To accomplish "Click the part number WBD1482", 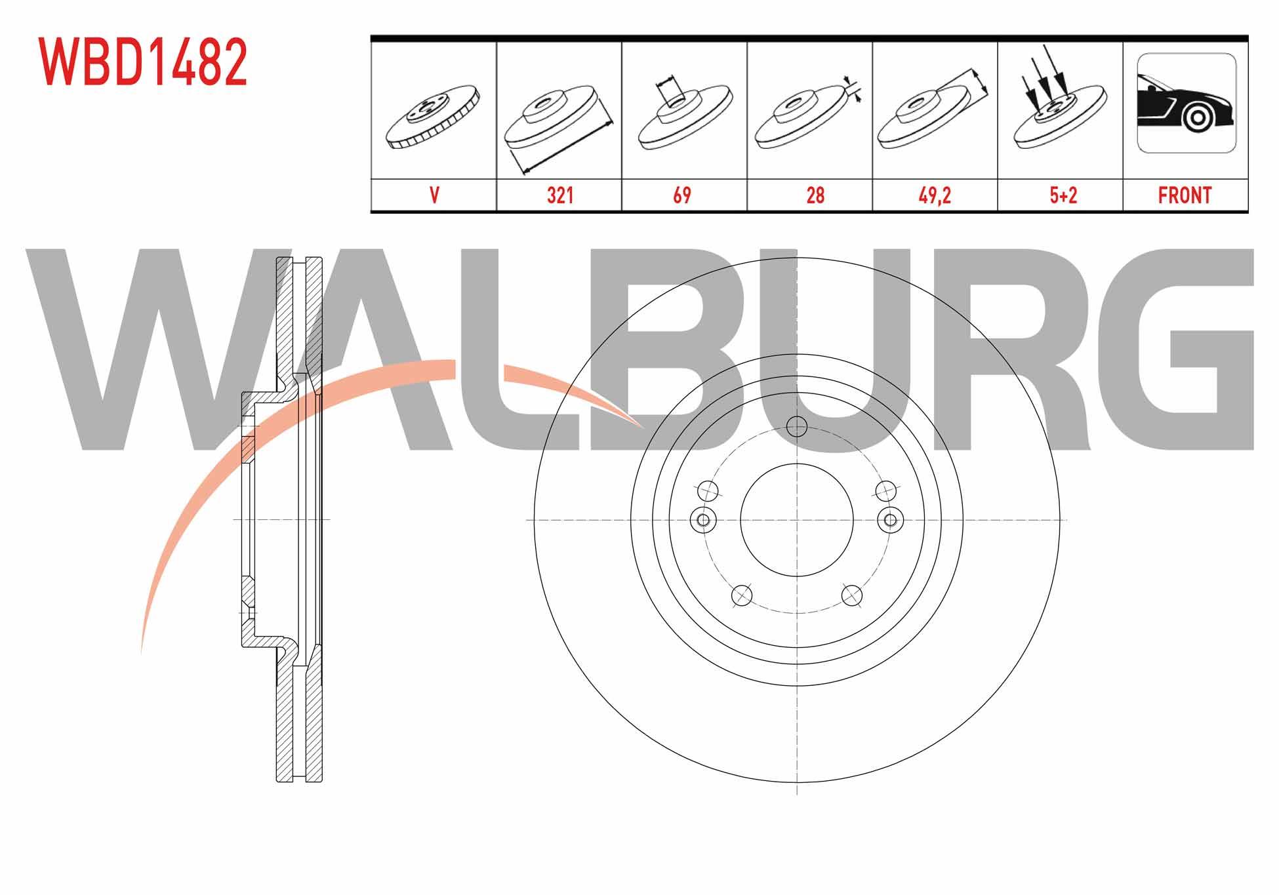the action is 143,62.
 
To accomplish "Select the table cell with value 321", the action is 559,195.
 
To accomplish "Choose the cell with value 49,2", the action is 935,195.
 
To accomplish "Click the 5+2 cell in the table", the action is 1060,195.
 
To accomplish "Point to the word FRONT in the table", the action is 1185,195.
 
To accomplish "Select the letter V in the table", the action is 434,195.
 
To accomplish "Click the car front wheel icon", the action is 1186,103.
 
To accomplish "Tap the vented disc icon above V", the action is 434,117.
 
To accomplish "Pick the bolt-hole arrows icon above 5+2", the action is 1058,98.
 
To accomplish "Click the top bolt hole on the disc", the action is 796,427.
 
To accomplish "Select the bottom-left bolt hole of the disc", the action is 741,595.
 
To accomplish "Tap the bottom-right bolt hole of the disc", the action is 851,595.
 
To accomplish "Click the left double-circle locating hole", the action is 703,520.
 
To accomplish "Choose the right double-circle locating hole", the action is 889,520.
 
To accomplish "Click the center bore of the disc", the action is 796,520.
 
